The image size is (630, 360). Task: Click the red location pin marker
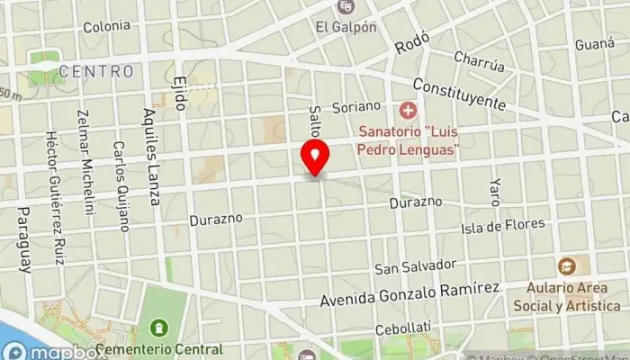[x=315, y=157]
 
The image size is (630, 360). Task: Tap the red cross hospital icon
[x=408, y=112]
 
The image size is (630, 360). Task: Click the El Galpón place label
[x=346, y=26]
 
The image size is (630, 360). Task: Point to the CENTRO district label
[x=96, y=70]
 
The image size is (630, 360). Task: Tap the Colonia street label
[x=107, y=26]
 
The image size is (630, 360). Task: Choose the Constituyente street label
[x=459, y=93]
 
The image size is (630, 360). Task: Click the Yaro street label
[x=494, y=191]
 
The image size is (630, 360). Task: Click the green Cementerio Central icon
[x=159, y=327]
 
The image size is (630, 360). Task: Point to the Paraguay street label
[x=23, y=238]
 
